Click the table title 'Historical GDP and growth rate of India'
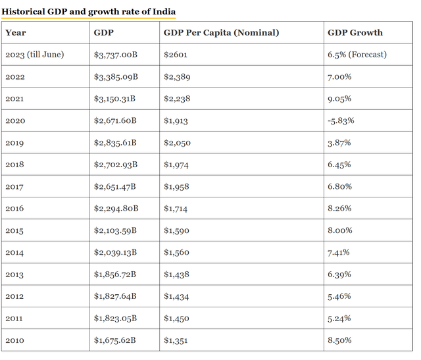tap(89, 11)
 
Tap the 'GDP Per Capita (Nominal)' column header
tap(221, 32)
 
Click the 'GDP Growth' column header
tap(355, 32)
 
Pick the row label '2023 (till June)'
tap(34, 55)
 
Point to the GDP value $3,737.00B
tap(116, 55)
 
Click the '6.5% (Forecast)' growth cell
tap(357, 55)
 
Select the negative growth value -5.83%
tap(340, 120)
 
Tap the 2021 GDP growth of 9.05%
tap(339, 99)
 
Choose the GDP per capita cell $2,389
tap(177, 77)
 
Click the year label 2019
tap(14, 143)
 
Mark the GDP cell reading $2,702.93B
tap(116, 165)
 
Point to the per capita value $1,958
tap(176, 186)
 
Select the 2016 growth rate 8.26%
tap(339, 209)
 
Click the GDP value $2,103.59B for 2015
tap(116, 230)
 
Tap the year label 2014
tap(14, 253)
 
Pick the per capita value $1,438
tap(176, 274)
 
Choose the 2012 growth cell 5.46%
tap(339, 296)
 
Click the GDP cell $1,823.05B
tap(116, 319)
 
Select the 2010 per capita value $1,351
tap(176, 340)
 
